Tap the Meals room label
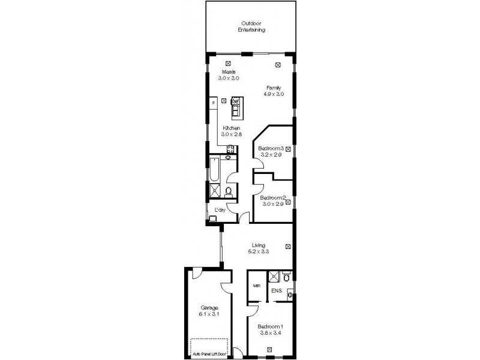point(229,75)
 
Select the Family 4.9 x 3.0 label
point(274,91)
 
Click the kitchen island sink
point(235,101)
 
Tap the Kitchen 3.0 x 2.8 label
point(231,131)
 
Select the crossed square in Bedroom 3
point(288,149)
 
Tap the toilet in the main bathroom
point(228,191)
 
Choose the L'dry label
point(220,209)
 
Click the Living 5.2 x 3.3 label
point(259,248)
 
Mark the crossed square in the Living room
point(288,246)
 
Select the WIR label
point(256,286)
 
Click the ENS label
point(276,292)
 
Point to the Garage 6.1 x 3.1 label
point(208,311)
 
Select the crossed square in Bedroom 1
point(270,347)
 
